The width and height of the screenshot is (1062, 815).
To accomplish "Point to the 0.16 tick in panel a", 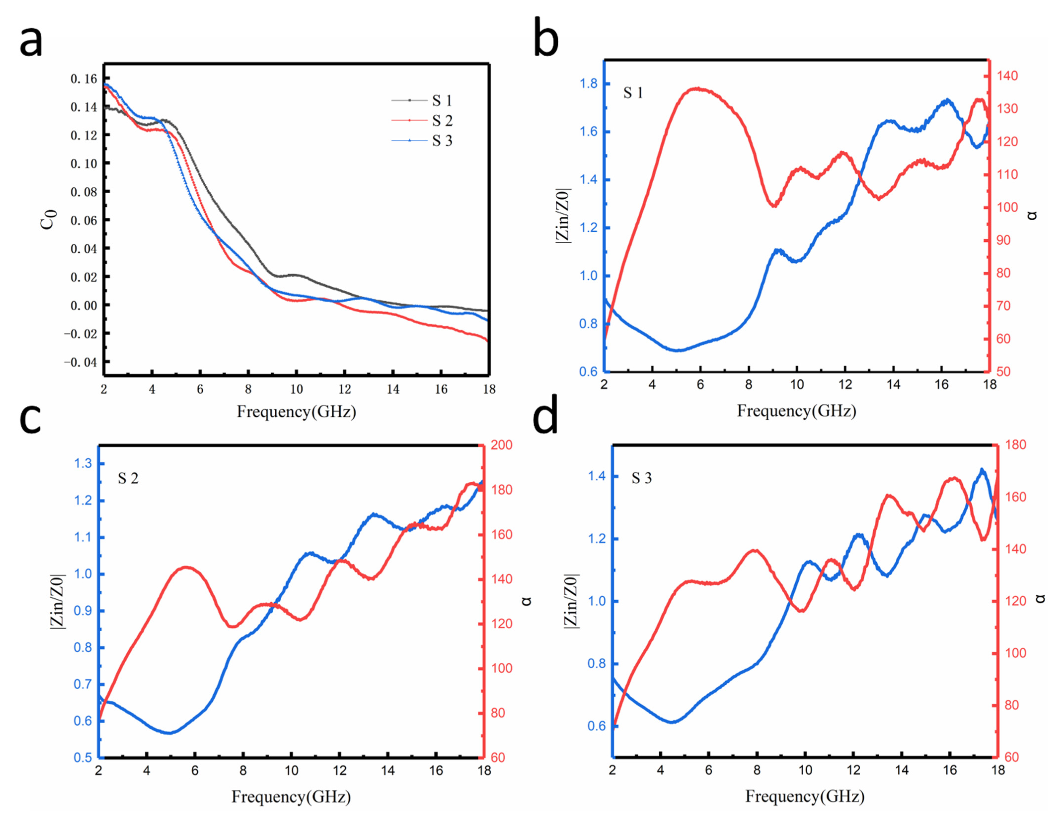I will pos(83,79).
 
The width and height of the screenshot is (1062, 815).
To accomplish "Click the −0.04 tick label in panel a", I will pos(80,362).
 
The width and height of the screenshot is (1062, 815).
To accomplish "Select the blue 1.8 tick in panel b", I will pos(588,84).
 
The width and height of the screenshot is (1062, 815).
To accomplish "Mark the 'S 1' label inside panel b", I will pos(633,93).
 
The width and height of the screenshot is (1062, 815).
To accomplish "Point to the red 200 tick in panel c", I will pos(501,445).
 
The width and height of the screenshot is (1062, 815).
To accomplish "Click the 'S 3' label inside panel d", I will pos(641,478).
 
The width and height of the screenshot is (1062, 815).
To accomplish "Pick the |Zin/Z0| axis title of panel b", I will pos(563,215).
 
